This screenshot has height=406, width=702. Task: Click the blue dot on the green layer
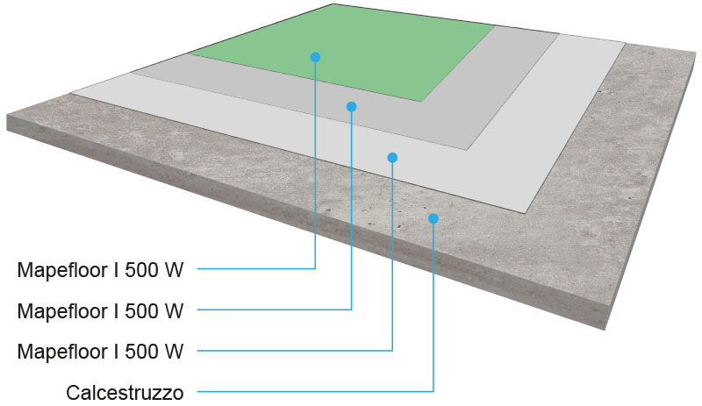coord(315,57)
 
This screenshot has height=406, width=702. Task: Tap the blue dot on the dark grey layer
coord(351,107)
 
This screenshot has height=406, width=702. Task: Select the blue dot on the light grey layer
coord(392,158)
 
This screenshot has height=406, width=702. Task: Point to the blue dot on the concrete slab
coord(433,217)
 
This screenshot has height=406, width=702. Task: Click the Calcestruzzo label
coord(125,392)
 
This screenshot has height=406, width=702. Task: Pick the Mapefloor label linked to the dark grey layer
coord(101,310)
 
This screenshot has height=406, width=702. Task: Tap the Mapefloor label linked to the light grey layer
coord(101,352)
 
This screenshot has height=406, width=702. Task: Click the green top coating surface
coord(369,44)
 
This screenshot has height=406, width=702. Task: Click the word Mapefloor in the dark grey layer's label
coord(59,310)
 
